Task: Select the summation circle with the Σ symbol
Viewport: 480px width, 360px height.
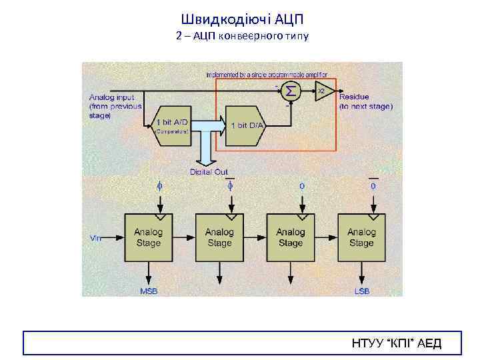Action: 291,90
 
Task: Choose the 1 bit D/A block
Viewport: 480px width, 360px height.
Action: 246,125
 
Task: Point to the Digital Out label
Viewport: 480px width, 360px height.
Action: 209,172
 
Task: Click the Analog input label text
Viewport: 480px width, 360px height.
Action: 111,97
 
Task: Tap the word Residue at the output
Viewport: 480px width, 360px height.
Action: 354,97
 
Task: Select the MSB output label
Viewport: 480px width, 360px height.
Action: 148,291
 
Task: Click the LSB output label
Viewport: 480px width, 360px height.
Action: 362,291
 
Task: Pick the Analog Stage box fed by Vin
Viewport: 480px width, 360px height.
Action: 148,237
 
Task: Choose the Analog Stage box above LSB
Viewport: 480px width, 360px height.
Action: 361,237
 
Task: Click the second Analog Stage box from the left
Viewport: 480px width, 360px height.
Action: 219,237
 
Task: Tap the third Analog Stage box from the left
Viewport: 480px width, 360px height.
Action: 290,237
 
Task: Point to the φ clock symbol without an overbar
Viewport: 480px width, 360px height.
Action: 159,186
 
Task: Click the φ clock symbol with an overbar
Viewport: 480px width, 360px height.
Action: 230,185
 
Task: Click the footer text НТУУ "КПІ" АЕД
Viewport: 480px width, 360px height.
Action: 396,344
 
